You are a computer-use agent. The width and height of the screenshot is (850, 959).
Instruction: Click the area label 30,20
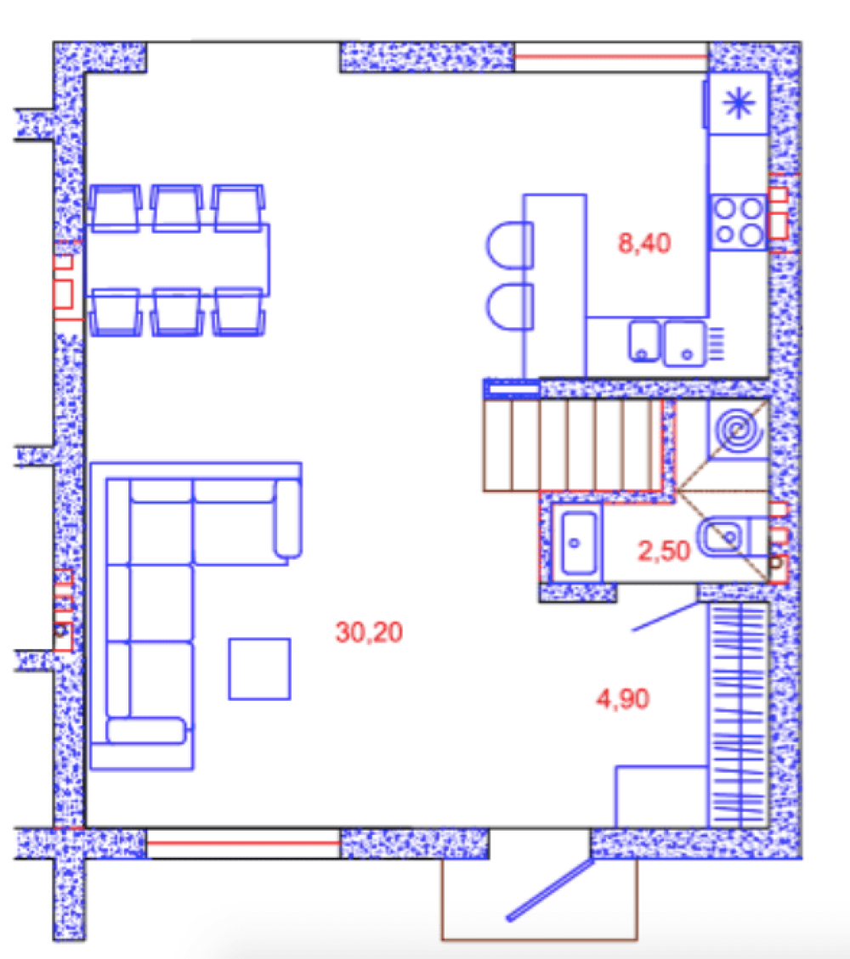coord(369,633)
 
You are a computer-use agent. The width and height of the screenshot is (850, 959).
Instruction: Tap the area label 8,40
coord(644,244)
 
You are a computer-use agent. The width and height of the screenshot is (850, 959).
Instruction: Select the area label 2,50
coord(664,551)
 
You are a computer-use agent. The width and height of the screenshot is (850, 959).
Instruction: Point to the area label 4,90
coord(622,699)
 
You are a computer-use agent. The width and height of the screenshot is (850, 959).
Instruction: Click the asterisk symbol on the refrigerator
coord(739,103)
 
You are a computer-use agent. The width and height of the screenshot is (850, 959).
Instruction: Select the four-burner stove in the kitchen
coord(739,222)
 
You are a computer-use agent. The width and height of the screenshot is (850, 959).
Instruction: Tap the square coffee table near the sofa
coord(259,668)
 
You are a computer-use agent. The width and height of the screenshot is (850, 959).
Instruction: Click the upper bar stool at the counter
coord(510,245)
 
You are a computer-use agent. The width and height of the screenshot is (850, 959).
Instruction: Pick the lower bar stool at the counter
coord(510,306)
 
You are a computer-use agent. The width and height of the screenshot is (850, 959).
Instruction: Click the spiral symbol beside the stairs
coord(739,429)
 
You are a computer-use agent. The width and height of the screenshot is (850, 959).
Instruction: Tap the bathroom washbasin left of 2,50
coord(578,543)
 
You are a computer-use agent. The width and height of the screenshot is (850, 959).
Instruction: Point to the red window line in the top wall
coord(611,57)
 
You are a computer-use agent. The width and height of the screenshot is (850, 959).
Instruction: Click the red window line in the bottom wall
coord(243,843)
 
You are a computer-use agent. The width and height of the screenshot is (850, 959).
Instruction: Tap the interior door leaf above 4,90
coord(666,616)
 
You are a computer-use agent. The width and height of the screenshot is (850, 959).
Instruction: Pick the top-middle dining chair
coord(177,208)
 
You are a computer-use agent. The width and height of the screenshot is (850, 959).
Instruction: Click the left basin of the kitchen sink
coord(644,341)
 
